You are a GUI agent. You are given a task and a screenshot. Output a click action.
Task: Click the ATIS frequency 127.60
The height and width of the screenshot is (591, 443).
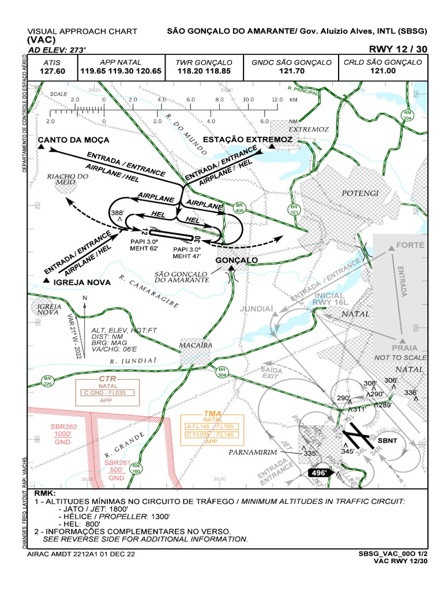(52, 71)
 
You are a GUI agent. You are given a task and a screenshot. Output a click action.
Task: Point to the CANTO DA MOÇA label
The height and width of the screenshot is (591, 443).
(74, 140)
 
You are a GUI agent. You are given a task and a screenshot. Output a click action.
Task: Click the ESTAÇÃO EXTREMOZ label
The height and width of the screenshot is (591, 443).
(247, 140)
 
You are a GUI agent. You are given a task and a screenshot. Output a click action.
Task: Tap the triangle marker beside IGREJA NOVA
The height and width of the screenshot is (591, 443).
(46, 280)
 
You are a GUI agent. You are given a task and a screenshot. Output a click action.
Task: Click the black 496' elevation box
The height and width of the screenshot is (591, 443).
(319, 473)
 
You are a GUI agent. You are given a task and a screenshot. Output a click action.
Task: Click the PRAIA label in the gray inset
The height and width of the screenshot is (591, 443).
(404, 348)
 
